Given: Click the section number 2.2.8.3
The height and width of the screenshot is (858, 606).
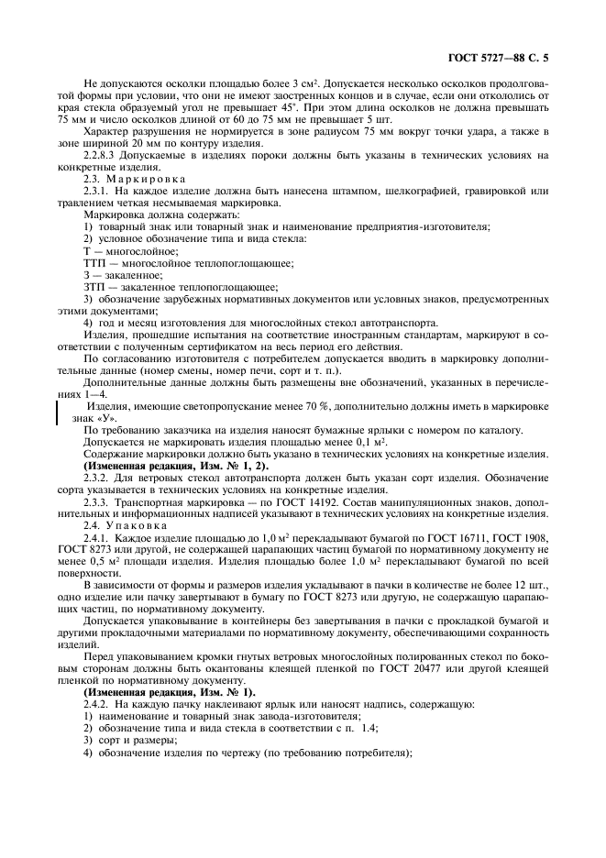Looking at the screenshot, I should point(104,156).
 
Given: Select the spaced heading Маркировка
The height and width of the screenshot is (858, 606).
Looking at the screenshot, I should point(137,179).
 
